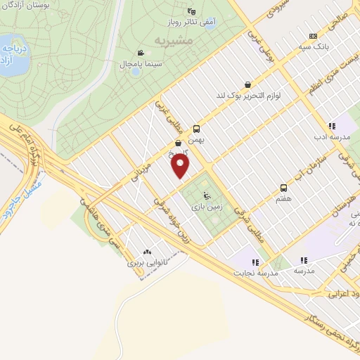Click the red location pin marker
(x=181, y=166)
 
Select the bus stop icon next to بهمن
(x=196, y=129)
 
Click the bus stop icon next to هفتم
(x=283, y=188)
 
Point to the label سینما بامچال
(x=143, y=64)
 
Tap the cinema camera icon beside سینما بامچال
(x=141, y=53)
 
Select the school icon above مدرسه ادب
(x=332, y=126)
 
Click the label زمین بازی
(x=205, y=207)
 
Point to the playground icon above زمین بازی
(x=205, y=196)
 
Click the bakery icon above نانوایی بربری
(x=147, y=252)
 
